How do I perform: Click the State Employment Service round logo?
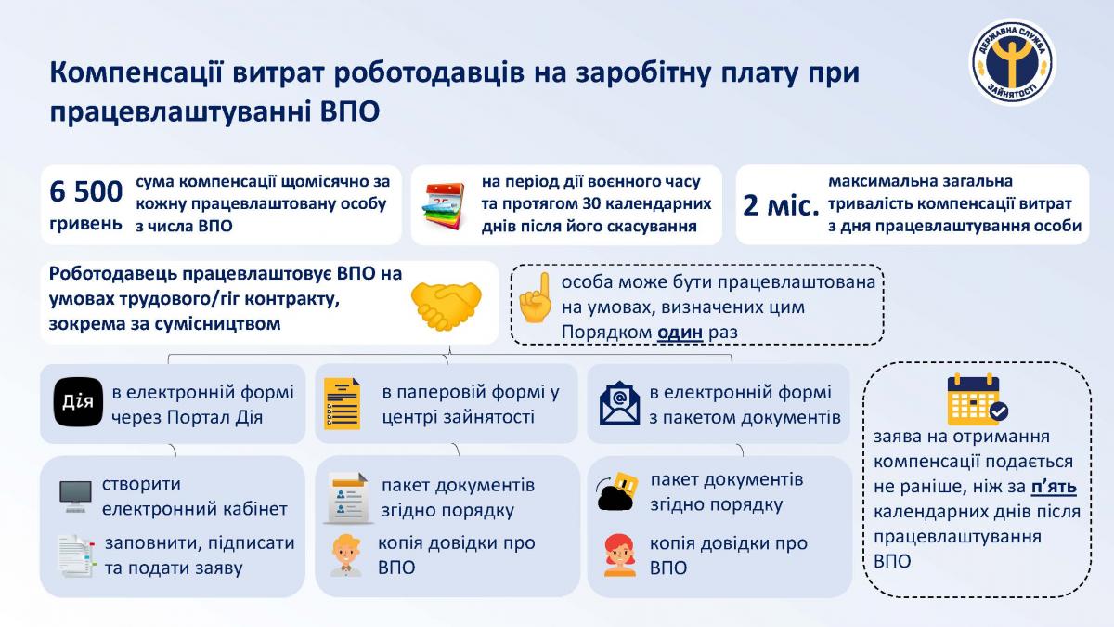pyautogui.click(x=1013, y=62)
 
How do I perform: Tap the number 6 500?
pyautogui.click(x=86, y=191)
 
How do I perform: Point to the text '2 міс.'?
pyautogui.click(x=781, y=205)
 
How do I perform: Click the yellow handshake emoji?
pyautogui.click(x=447, y=305)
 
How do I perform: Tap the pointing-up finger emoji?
pyautogui.click(x=536, y=297)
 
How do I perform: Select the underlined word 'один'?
pyautogui.click(x=680, y=332)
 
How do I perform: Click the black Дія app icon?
pyautogui.click(x=78, y=402)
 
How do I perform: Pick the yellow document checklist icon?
pyautogui.click(x=343, y=403)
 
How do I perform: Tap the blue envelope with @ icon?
pyautogui.click(x=619, y=403)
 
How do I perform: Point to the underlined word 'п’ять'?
pyautogui.click(x=1054, y=486)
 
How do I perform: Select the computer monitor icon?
pyautogui.click(x=75, y=496)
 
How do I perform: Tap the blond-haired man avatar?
pyautogui.click(x=345, y=555)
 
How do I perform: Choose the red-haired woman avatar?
pyautogui.click(x=620, y=555)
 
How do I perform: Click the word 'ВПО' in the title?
pyautogui.click(x=350, y=111)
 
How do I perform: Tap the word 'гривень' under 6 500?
pyautogui.click(x=85, y=225)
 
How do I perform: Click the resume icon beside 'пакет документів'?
pyautogui.click(x=348, y=498)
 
